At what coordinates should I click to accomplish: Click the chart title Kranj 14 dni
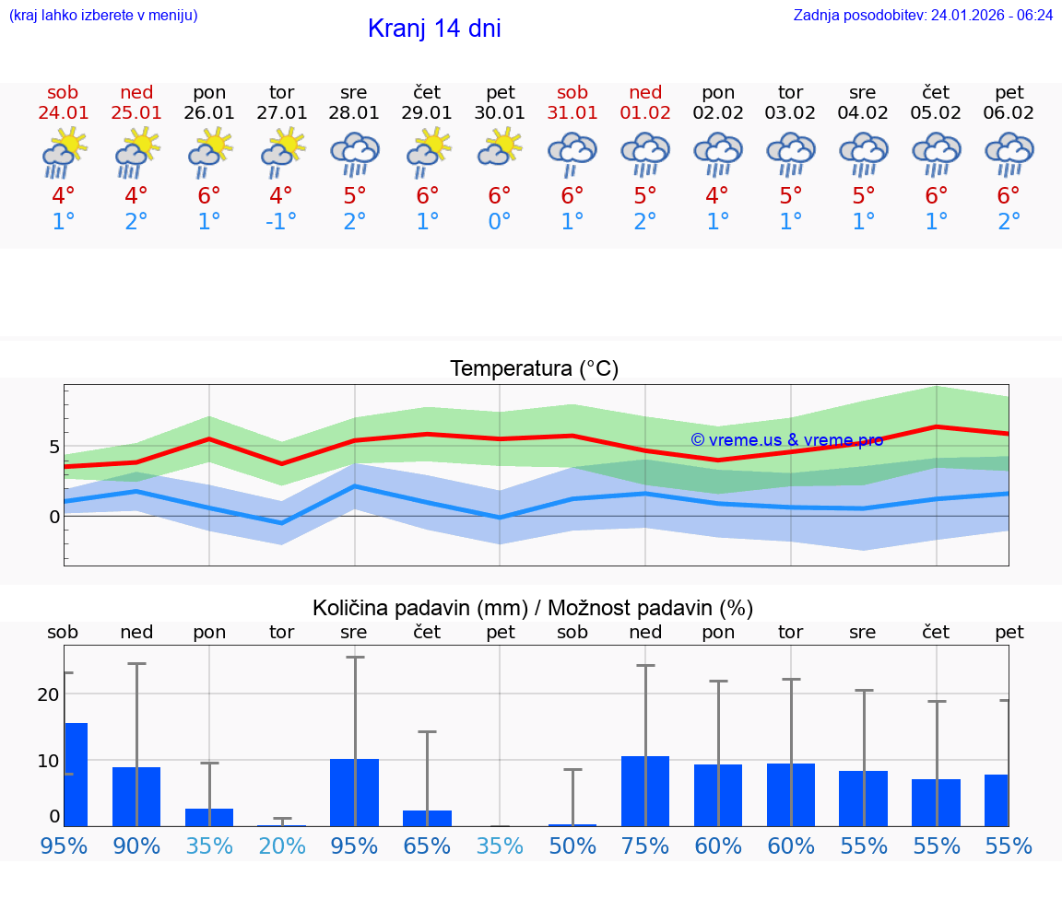coord(434,29)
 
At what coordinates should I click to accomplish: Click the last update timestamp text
coord(923,16)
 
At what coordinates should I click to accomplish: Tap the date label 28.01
coord(354,113)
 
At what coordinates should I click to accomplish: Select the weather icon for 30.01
coord(500,148)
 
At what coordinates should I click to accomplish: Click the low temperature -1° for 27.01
coord(280,222)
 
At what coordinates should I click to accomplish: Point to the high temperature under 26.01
coord(209,196)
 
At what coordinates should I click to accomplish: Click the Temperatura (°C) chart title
coord(534,369)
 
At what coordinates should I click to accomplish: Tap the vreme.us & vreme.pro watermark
coord(786,440)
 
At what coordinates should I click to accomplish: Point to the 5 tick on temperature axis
coord(54,447)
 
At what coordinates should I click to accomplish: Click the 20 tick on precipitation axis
coord(49,694)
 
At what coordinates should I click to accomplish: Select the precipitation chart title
coord(533,608)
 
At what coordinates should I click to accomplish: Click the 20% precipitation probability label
coord(282,846)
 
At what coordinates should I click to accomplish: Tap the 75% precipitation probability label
coord(645,846)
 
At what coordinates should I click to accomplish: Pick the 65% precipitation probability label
coord(427,846)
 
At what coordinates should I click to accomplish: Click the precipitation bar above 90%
coord(136,797)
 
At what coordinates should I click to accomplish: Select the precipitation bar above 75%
coord(645,791)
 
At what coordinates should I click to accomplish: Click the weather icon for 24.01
coord(64,152)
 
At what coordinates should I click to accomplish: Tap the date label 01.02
coord(645,113)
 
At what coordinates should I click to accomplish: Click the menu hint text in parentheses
coord(103,16)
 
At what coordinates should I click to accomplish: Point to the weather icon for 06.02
coord(1009,152)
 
